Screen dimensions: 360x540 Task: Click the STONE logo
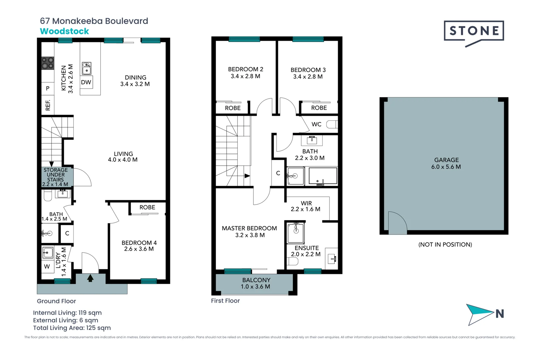[x=474, y=31]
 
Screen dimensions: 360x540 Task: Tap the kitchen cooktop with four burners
[x=48, y=63]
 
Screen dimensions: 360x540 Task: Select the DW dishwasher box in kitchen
[x=86, y=82]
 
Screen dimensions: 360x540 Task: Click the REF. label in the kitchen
[x=48, y=105]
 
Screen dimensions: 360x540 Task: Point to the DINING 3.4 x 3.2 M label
[x=135, y=81]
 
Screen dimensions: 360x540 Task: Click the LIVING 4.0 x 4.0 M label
[x=123, y=157]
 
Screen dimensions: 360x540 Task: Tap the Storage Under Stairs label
[x=55, y=177]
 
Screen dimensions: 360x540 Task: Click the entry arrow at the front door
[x=90, y=278]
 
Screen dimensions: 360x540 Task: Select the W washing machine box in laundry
[x=47, y=267]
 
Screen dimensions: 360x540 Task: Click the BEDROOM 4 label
[x=139, y=246]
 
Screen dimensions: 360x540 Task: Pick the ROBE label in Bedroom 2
[x=233, y=108]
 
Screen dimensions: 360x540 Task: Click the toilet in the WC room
[x=332, y=124]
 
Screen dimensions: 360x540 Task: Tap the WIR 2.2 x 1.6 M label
[x=306, y=206]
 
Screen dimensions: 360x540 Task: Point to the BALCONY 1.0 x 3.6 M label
[x=256, y=283]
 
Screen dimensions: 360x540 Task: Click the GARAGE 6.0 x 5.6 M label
[x=446, y=163]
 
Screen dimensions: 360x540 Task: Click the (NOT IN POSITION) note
[x=445, y=245]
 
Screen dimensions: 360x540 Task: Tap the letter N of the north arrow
[x=499, y=314]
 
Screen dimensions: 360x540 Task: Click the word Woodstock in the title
[x=64, y=31]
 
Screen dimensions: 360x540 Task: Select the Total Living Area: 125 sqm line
[x=72, y=328]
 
